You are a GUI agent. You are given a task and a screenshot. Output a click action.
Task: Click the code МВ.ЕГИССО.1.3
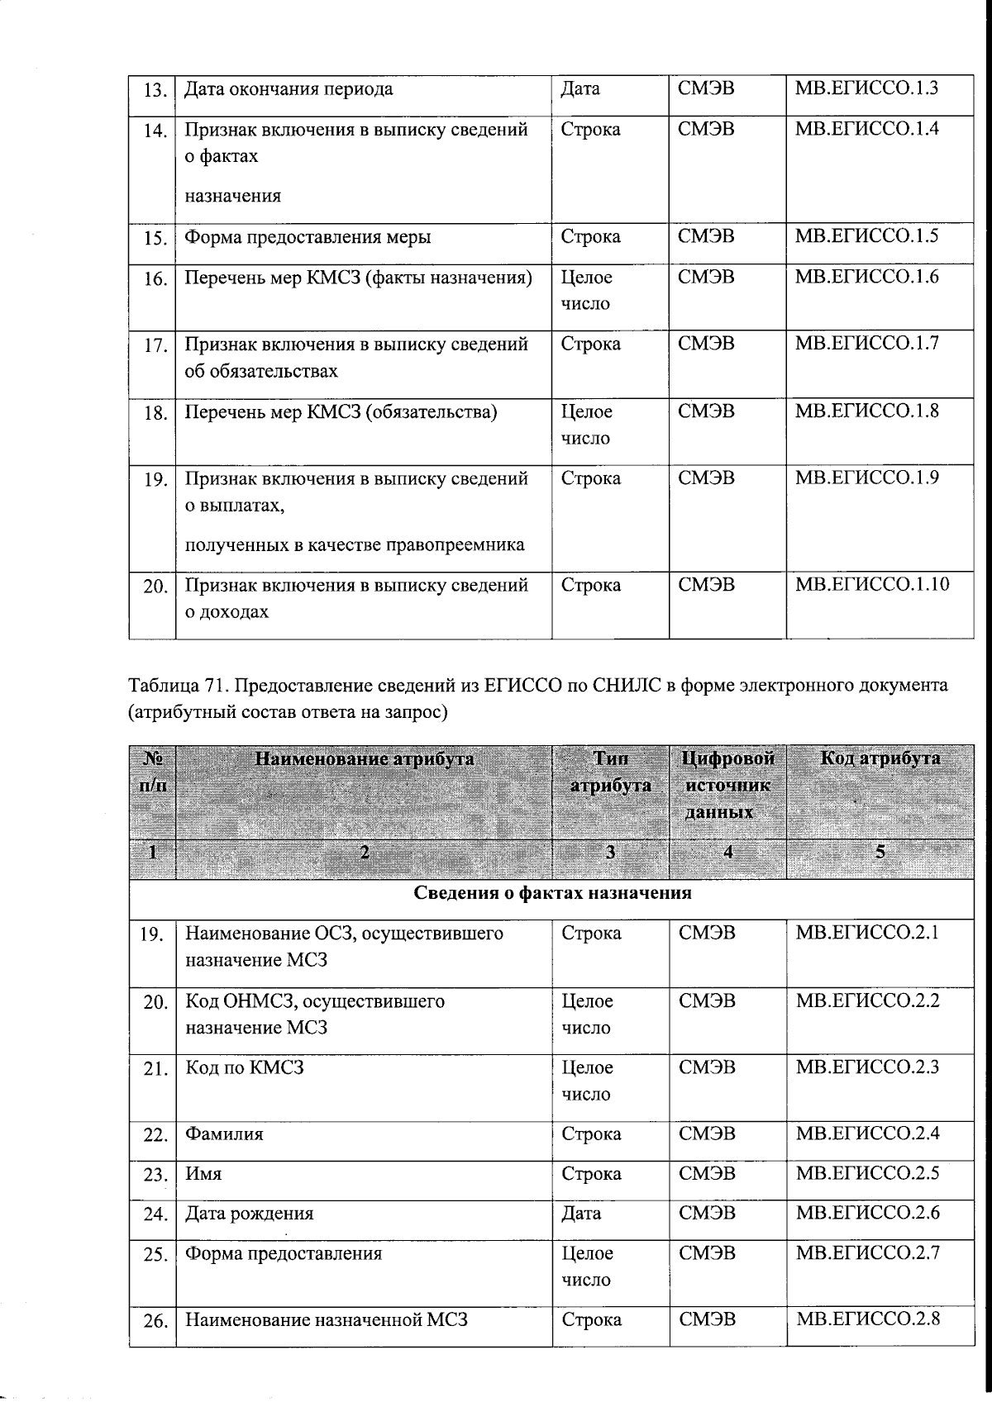tap(866, 88)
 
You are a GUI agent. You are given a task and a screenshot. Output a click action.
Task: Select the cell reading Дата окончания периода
tap(289, 88)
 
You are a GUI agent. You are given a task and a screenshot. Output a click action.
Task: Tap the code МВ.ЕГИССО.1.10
tap(872, 585)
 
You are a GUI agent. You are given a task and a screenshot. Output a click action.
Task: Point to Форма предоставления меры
tap(308, 237)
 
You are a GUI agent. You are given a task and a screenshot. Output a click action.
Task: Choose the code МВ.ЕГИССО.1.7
tap(866, 344)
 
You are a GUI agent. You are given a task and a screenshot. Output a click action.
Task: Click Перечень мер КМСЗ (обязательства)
tap(341, 411)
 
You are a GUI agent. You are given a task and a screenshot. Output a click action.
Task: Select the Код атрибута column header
tap(880, 758)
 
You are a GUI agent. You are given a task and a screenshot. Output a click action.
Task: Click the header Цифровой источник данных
tap(727, 785)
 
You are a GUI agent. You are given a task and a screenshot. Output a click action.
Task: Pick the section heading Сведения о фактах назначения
tap(551, 893)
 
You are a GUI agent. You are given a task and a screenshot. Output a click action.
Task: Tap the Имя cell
tap(203, 1174)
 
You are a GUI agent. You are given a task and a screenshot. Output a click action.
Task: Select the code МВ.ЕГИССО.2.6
tap(867, 1213)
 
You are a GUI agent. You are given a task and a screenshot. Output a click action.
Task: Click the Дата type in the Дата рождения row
tap(581, 1214)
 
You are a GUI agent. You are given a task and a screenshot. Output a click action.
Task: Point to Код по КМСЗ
tap(245, 1067)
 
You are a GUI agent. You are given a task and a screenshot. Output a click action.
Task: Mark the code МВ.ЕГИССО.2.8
tap(867, 1319)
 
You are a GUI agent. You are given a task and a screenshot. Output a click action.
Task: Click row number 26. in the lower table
tap(155, 1321)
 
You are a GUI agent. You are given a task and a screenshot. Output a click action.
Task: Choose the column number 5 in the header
tap(880, 852)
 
